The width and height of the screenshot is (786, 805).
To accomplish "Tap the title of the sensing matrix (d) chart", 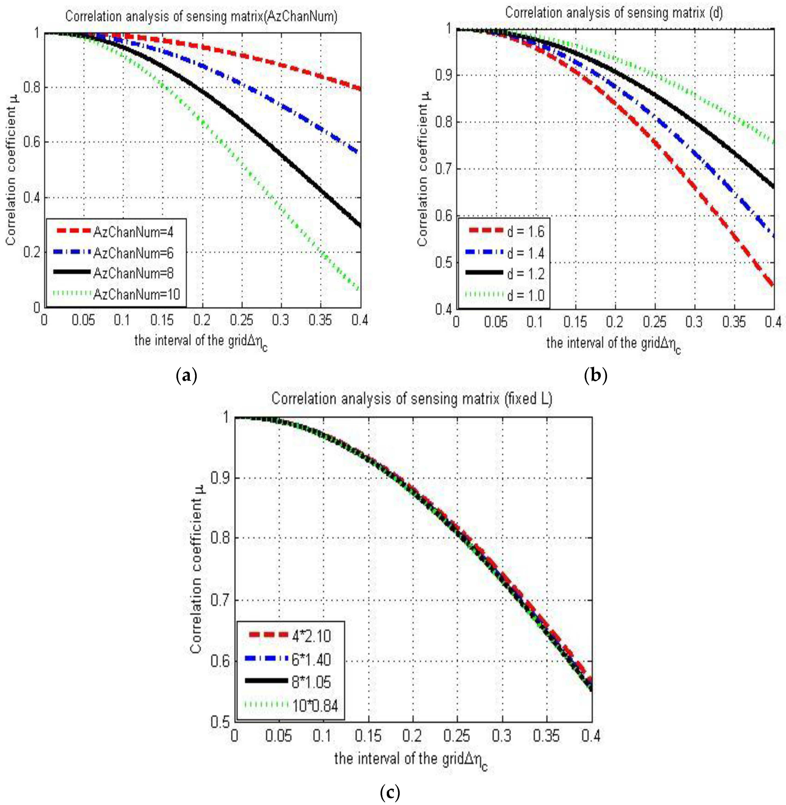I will pos(614,13).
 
